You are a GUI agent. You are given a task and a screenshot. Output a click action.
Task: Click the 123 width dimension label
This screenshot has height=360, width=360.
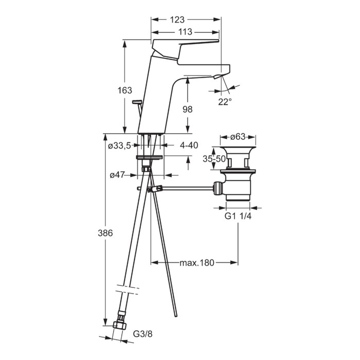pos(177,20)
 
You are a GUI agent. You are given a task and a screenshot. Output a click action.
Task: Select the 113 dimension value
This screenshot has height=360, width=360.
pos(185,32)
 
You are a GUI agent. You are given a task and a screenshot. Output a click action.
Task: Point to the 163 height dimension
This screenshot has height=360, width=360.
pos(124,90)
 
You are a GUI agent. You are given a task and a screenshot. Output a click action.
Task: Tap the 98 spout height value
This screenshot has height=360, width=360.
pos(187,109)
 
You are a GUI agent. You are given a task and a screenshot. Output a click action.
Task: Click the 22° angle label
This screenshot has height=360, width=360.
pos(225,102)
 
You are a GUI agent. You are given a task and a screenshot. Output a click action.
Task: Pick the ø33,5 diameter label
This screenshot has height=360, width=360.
pos(119,146)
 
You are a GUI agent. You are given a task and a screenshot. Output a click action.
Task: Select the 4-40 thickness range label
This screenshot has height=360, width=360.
pos(189,145)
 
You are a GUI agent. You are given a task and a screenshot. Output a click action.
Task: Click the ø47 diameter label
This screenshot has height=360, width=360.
pos(117,175)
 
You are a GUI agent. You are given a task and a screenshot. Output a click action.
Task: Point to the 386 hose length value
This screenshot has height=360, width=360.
pos(105,233)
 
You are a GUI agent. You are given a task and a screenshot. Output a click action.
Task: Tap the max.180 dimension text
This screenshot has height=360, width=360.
pos(197,263)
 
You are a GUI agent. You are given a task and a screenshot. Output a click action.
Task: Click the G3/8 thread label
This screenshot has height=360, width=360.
pos(142,334)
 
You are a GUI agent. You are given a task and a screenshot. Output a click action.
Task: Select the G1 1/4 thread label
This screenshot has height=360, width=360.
pos(238,216)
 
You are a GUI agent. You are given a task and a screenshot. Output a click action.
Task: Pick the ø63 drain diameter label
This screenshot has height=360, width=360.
pos(238,137)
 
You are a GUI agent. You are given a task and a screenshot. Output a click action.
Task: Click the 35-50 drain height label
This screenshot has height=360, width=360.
pos(214,158)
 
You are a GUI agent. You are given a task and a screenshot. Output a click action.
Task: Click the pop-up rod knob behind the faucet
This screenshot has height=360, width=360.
pos(137,101)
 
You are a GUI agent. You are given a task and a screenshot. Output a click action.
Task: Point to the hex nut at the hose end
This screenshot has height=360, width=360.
pos(120,325)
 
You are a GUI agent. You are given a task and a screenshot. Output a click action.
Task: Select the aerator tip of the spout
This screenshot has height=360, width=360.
pos(217,77)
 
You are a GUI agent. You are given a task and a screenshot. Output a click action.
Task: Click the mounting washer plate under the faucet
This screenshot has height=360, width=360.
pos(150,157)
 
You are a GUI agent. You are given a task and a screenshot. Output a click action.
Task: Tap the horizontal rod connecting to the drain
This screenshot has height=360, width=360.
pos(188,189)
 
